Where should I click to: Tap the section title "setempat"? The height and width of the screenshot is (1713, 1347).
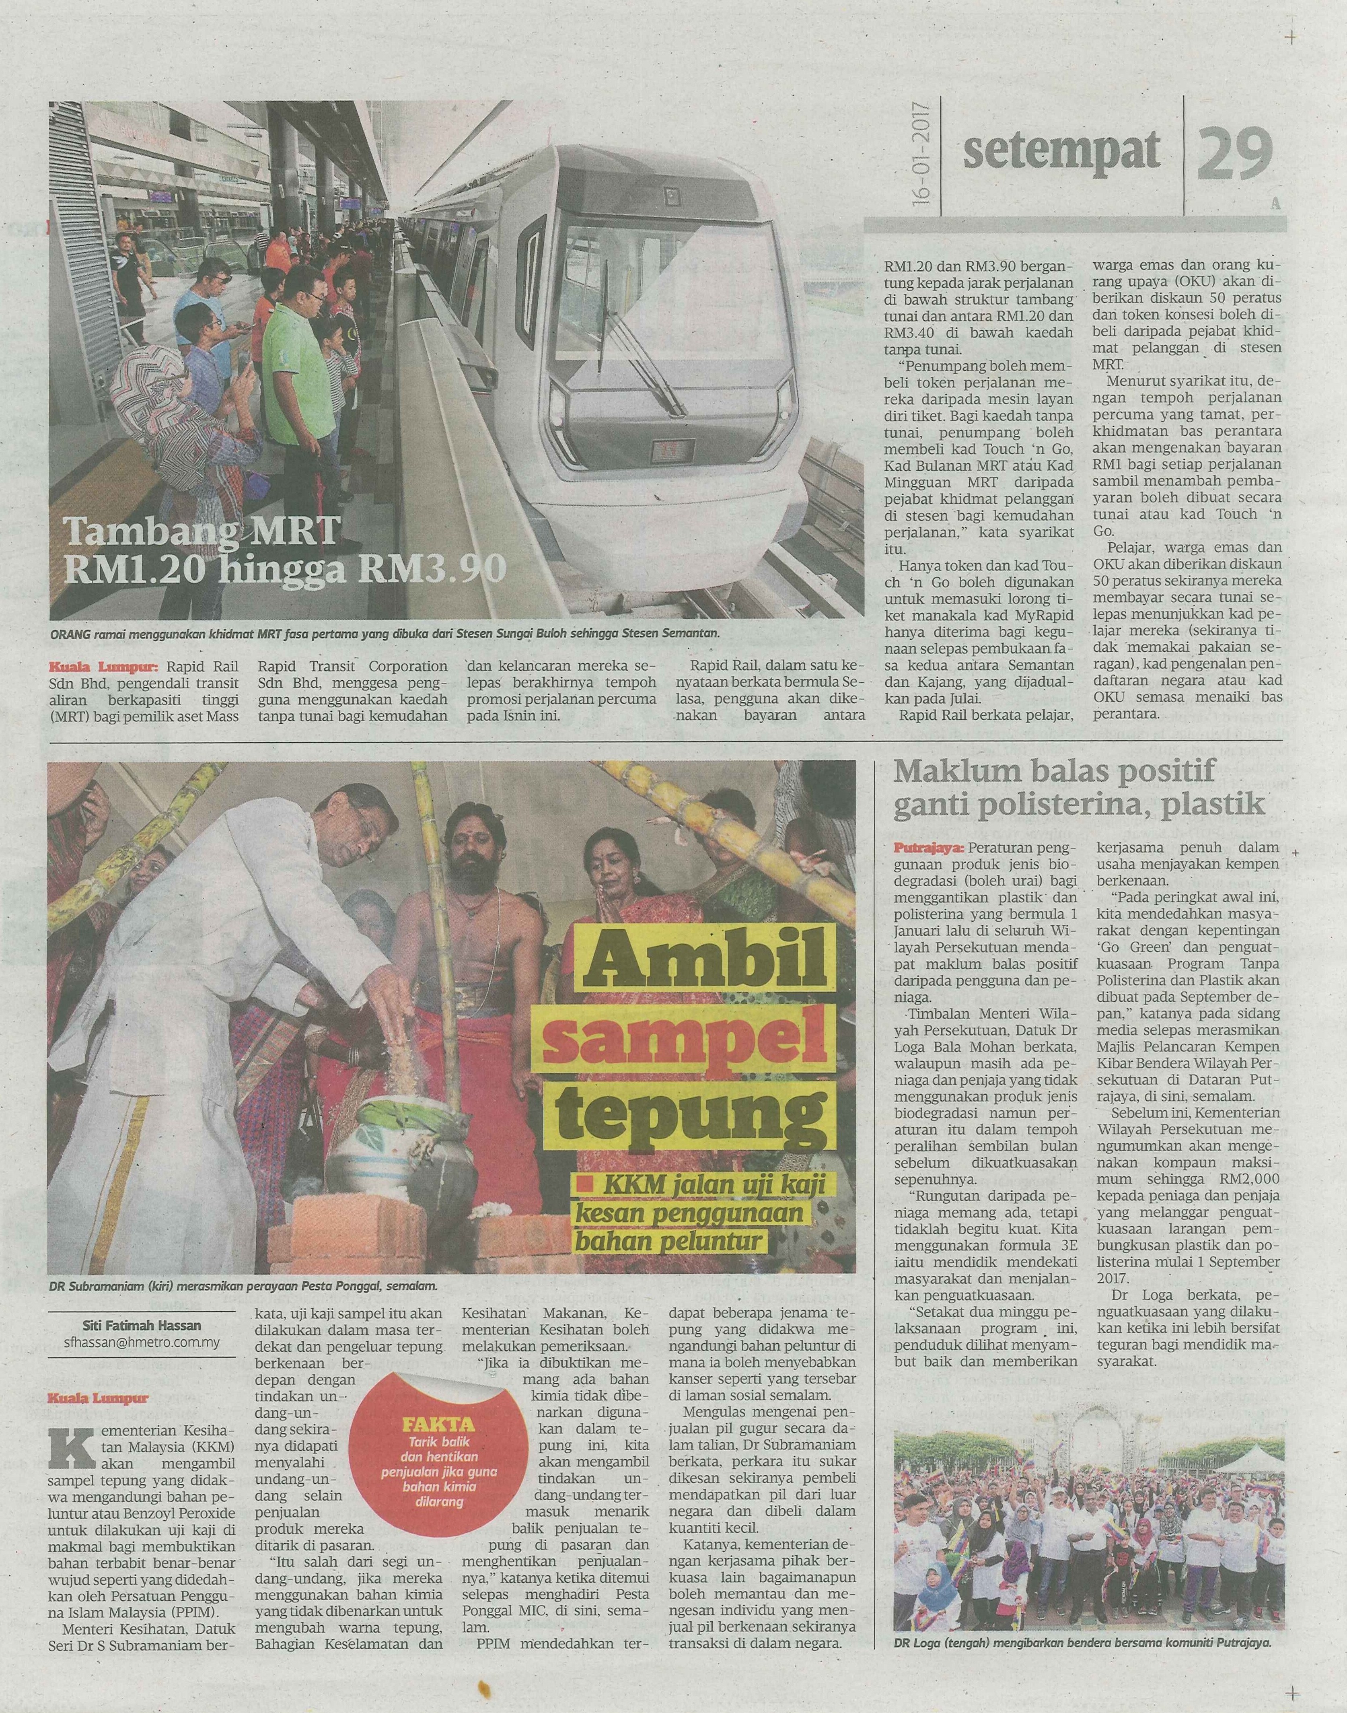[1061, 151]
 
